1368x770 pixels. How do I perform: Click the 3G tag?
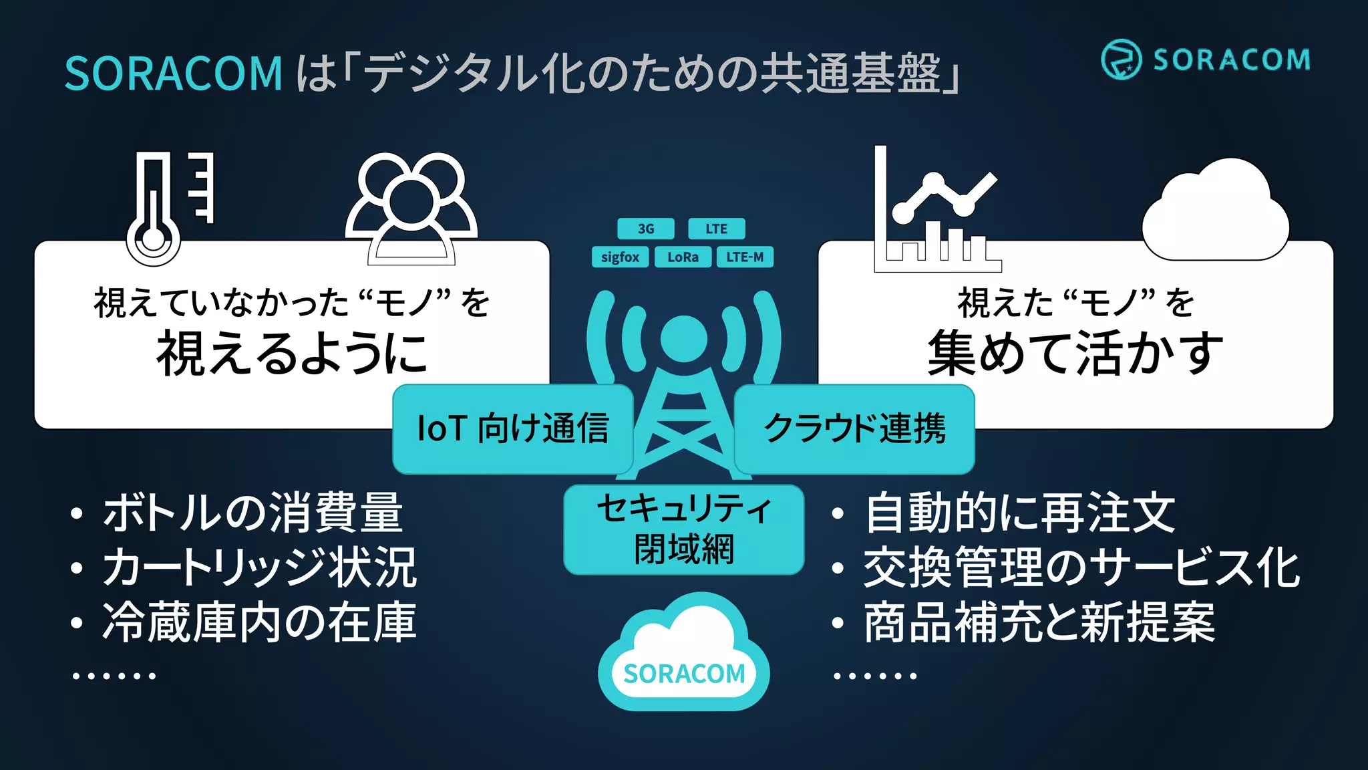pos(645,229)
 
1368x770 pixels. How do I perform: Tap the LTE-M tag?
pos(745,257)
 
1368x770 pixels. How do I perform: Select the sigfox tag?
pos(620,257)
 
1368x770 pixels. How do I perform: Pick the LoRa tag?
pos(683,257)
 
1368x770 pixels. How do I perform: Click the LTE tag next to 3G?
pos(716,229)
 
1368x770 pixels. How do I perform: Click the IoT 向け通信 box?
pos(512,429)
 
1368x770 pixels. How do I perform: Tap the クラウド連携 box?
pos(854,429)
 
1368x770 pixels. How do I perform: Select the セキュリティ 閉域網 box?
pos(683,529)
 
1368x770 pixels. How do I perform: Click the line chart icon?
pos(935,211)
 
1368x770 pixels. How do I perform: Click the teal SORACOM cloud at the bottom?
pos(683,655)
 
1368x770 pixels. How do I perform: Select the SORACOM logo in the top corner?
pos(1206,59)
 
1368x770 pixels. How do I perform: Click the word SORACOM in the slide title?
pos(174,73)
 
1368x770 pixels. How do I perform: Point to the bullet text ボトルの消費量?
pos(252,513)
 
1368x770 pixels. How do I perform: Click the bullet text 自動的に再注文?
pos(1019,513)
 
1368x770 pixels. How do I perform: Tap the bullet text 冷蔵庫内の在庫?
pos(259,623)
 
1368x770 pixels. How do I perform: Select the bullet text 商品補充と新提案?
pos(1039,623)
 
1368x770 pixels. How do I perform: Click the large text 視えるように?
pos(292,353)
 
